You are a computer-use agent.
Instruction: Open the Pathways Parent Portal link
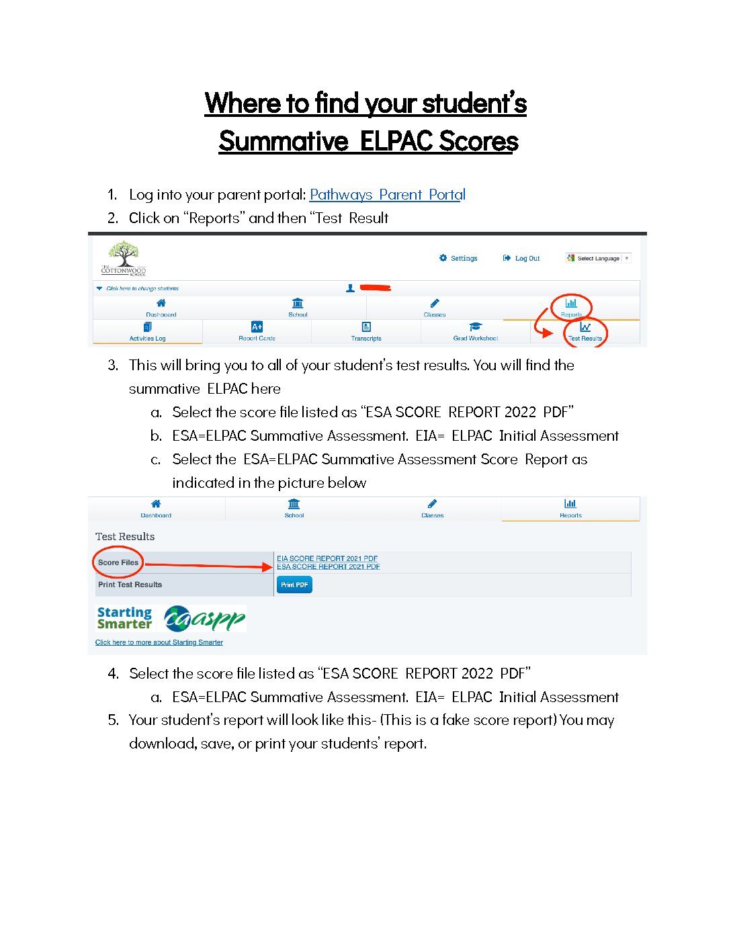point(387,195)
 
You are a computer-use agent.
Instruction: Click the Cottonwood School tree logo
point(124,258)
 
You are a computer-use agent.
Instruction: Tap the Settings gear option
point(458,258)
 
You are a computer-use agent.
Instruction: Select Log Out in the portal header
point(521,258)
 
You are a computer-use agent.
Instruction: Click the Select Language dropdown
point(598,258)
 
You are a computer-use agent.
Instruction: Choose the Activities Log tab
point(147,332)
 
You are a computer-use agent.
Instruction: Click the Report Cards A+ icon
point(257,327)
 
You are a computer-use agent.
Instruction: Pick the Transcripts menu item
point(366,332)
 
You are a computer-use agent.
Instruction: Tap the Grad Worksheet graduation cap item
point(475,332)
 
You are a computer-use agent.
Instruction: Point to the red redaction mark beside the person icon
point(376,288)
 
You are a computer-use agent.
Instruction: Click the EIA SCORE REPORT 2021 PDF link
point(327,558)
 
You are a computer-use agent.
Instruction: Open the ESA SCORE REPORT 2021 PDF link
point(329,566)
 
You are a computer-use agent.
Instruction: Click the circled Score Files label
point(118,562)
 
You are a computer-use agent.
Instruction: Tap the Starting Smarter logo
point(125,618)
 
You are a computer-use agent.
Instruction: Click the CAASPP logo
point(206,619)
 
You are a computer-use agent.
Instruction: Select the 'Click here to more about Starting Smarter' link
point(159,642)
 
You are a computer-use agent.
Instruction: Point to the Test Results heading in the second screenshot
point(125,537)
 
